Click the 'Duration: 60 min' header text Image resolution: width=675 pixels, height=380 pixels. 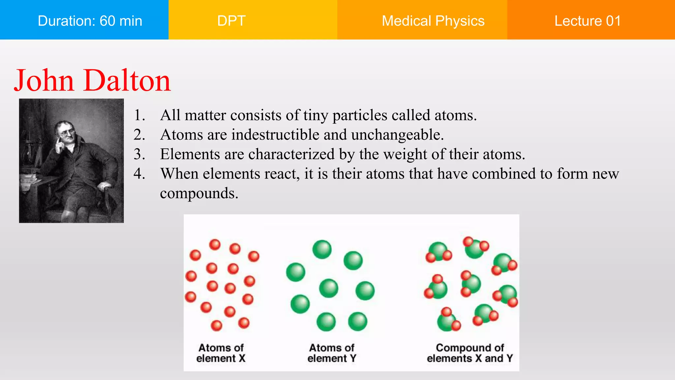(x=90, y=21)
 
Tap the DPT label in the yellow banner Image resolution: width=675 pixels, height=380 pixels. (x=231, y=21)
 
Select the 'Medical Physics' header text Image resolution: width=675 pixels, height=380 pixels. (x=433, y=21)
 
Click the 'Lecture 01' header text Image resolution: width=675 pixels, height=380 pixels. (x=587, y=21)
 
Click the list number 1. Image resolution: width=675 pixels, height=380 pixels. (x=139, y=115)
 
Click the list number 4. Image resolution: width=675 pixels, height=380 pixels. (x=139, y=174)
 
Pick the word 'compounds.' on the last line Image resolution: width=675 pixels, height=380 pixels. (x=199, y=193)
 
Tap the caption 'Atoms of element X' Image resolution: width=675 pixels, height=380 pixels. (x=221, y=353)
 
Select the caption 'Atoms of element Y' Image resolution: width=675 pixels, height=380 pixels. (x=332, y=353)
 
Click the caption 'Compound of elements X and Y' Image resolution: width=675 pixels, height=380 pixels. (x=470, y=353)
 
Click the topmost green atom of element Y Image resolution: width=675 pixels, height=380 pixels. (x=322, y=249)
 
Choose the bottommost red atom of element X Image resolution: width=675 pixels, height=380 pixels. (x=217, y=325)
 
